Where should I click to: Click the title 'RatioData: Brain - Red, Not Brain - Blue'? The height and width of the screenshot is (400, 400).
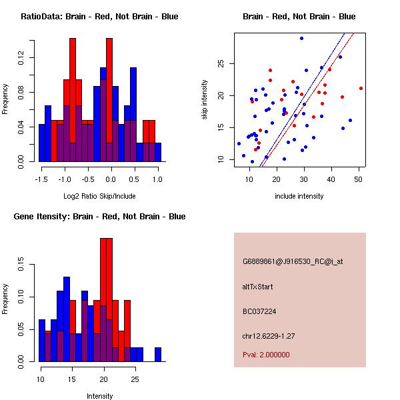click(99, 17)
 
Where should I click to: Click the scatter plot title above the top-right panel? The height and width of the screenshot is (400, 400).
click(299, 17)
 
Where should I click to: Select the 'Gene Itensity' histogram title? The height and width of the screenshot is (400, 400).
click(99, 217)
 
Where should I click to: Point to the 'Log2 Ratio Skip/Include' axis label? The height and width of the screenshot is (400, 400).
click(100, 197)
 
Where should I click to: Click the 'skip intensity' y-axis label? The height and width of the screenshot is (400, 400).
click(205, 100)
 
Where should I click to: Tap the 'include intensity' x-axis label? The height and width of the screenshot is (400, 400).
click(299, 197)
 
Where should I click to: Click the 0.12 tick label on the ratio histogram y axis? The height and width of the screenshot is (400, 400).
click(22, 59)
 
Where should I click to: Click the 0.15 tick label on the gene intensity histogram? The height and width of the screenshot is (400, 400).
click(22, 265)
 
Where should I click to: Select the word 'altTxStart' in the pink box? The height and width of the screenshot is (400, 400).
click(257, 287)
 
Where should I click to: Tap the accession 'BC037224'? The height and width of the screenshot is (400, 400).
click(259, 311)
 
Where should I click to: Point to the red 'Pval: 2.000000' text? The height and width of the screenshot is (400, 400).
click(266, 355)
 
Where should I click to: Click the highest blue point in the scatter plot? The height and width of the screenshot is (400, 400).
click(301, 39)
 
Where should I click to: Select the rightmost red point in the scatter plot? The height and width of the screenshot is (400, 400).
click(361, 88)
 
